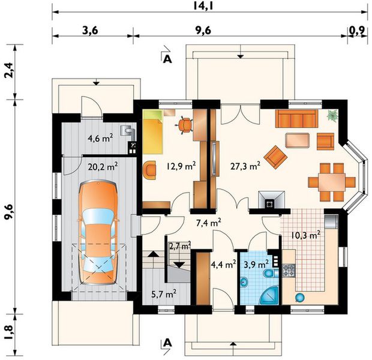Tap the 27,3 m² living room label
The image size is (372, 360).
pyautogui.click(x=245, y=166)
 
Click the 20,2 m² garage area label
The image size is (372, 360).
pyautogui.click(x=103, y=167)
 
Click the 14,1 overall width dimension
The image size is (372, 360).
pyautogui.click(x=209, y=7)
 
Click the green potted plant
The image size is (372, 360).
pyautogui.click(x=332, y=116)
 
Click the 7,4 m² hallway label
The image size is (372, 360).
pyautogui.click(x=209, y=223)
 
